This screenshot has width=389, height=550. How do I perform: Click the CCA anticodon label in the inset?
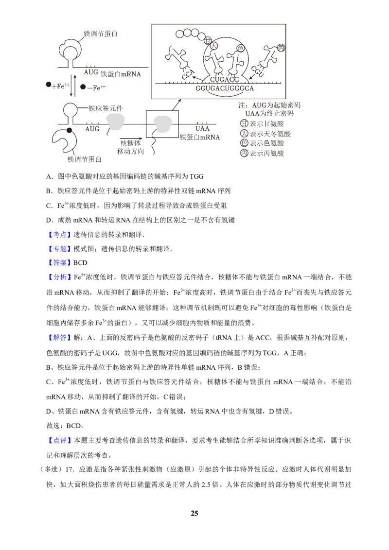coord(188,75)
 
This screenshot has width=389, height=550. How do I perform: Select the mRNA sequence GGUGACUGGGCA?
coord(225,88)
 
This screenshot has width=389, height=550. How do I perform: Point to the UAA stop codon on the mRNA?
coord(202,128)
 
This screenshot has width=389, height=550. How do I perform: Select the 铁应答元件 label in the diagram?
coord(106,108)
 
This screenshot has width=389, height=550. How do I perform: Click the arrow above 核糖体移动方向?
coord(131,138)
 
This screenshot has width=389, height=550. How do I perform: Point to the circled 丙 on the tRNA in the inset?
coord(281,48)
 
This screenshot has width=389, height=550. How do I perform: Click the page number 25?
coord(194,513)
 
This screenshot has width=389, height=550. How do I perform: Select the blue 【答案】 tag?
coord(59,263)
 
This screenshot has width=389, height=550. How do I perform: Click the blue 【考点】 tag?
coord(59,235)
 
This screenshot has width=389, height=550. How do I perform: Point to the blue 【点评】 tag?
coord(59,441)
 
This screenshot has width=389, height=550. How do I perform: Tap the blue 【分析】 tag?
coord(59,277)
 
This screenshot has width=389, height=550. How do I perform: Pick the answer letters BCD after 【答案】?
coord(80,263)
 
